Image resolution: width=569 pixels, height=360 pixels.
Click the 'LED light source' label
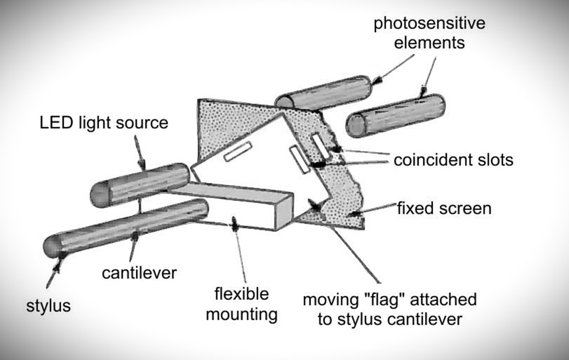pos(104,123)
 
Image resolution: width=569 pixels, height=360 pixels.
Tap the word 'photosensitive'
pos(429,23)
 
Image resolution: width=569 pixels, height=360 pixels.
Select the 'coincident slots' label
pos(453,160)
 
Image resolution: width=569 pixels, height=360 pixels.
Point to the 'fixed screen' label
pos(444,209)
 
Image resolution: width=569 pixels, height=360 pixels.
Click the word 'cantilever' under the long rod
pos(139,273)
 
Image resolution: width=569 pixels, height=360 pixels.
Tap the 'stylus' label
pos(48,306)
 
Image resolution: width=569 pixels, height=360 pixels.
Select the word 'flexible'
pos(241,294)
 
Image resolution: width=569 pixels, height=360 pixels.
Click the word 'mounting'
pos(242,314)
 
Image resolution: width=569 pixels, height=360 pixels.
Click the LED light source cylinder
pos(140,185)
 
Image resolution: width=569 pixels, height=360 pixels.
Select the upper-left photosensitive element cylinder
pos(323,93)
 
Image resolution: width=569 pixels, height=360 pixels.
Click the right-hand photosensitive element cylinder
pos(396,115)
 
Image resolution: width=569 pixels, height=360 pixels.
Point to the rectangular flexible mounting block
pos(232,205)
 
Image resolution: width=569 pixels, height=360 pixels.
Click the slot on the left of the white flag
pos(238,151)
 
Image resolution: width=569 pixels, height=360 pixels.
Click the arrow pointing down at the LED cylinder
pos(139,153)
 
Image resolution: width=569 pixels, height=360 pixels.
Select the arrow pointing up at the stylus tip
pos(54,271)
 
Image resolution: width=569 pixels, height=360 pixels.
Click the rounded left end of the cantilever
pos(52,247)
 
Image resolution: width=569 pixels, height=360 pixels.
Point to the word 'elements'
pos(429,43)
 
